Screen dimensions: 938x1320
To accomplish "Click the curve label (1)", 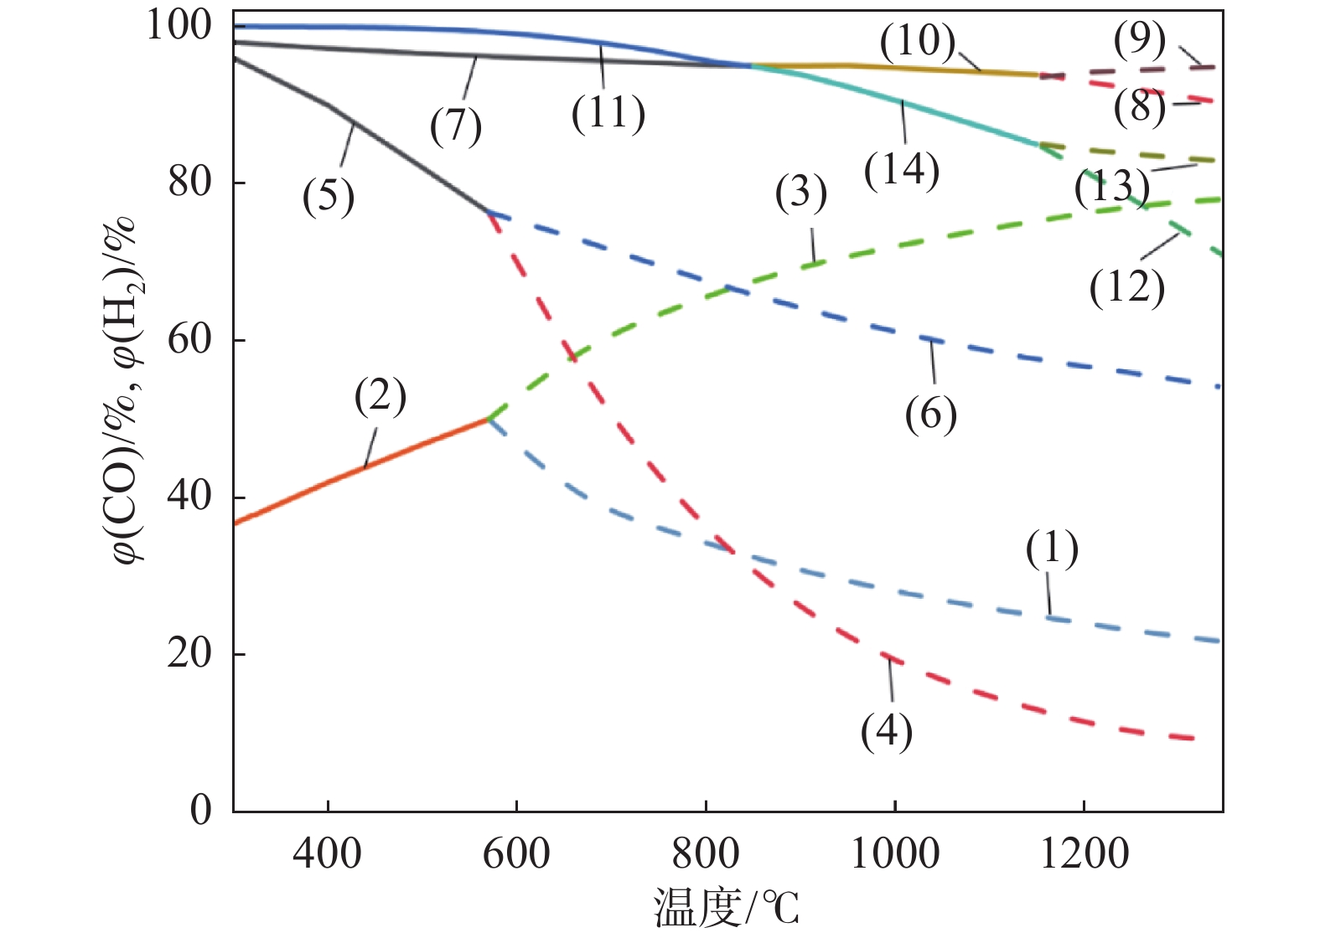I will (x=1052, y=549).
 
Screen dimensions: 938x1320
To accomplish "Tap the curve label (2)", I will (x=380, y=396).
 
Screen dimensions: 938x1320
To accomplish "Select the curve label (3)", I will (x=800, y=193).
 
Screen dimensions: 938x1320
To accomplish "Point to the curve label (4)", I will (x=886, y=731).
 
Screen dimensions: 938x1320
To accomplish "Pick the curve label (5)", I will (x=329, y=198).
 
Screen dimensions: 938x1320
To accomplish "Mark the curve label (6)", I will (x=930, y=414).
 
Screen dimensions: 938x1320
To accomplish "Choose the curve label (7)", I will (x=456, y=126).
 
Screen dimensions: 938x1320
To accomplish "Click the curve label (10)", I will (x=917, y=41).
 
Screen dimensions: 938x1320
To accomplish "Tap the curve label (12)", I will (x=1126, y=288).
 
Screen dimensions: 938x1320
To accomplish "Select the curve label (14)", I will (x=901, y=170).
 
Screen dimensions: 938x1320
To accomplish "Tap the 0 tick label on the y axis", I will (x=201, y=811).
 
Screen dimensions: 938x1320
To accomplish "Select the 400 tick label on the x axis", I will (x=327, y=855).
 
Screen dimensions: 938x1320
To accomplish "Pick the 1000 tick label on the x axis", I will (x=894, y=855).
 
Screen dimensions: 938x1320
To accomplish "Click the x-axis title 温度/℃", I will (x=726, y=908).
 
